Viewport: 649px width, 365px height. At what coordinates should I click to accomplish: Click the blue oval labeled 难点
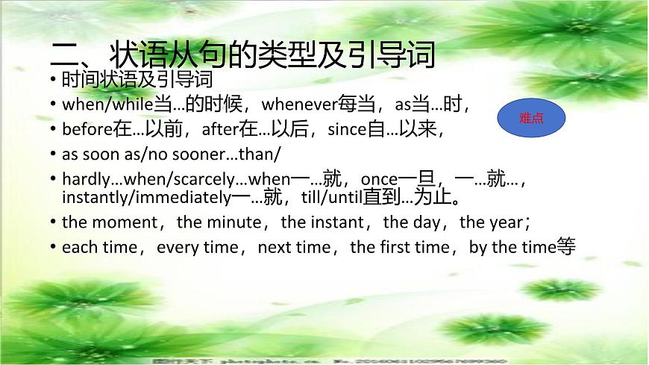coord(530,118)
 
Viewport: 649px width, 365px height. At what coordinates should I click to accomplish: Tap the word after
coord(220,129)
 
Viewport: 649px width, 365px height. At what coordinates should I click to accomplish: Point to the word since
coord(348,129)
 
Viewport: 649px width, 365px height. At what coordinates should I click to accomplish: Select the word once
coord(377,179)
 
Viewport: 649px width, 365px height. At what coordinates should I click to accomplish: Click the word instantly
coord(93,198)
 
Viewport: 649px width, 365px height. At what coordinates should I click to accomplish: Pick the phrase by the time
coord(512,247)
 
